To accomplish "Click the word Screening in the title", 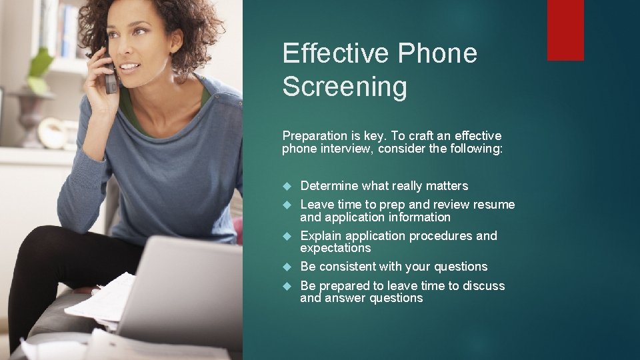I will [344, 87].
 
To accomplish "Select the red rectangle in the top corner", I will [565, 30].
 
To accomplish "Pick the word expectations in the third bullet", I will [335, 248].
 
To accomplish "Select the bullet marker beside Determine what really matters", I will [287, 186].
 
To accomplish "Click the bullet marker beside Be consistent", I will [287, 267].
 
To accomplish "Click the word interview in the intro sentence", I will [344, 149].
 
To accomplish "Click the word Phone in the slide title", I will [444, 53].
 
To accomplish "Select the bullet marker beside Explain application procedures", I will [287, 236].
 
